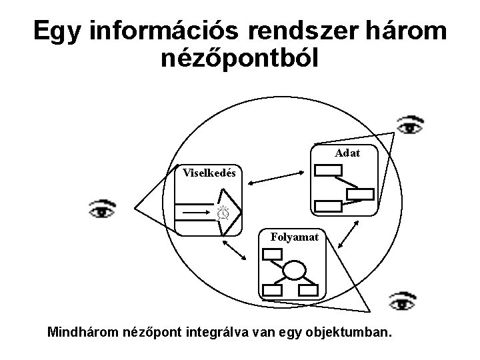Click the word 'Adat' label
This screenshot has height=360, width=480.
[x=348, y=153]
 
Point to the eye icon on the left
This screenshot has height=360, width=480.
[x=102, y=209]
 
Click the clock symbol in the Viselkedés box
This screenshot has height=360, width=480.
[x=223, y=213]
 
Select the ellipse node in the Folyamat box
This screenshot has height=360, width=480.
[x=295, y=271]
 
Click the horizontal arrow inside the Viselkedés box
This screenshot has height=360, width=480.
[x=193, y=213]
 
